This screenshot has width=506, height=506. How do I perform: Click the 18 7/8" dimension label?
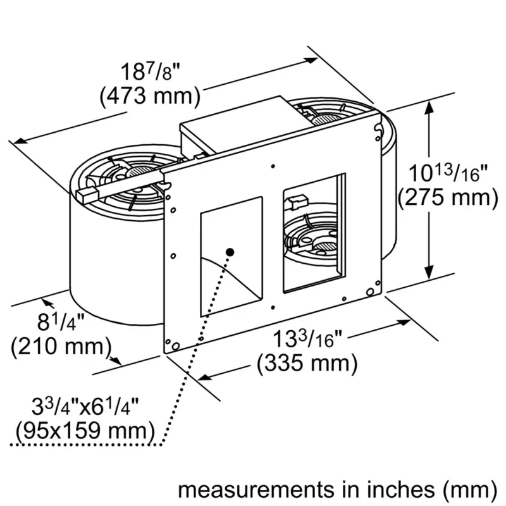[150, 72]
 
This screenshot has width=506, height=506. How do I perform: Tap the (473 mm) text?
[150, 96]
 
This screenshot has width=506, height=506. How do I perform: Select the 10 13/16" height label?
[448, 173]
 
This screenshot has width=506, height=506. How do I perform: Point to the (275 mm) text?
[448, 197]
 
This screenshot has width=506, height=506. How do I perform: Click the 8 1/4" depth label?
[61, 322]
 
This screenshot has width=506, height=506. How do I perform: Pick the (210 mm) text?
[61, 346]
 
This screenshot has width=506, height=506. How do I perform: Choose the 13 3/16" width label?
[307, 338]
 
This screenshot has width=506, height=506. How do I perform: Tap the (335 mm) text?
[307, 363]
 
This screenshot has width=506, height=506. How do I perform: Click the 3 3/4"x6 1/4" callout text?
[85, 407]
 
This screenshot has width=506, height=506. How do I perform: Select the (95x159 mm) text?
[85, 431]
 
